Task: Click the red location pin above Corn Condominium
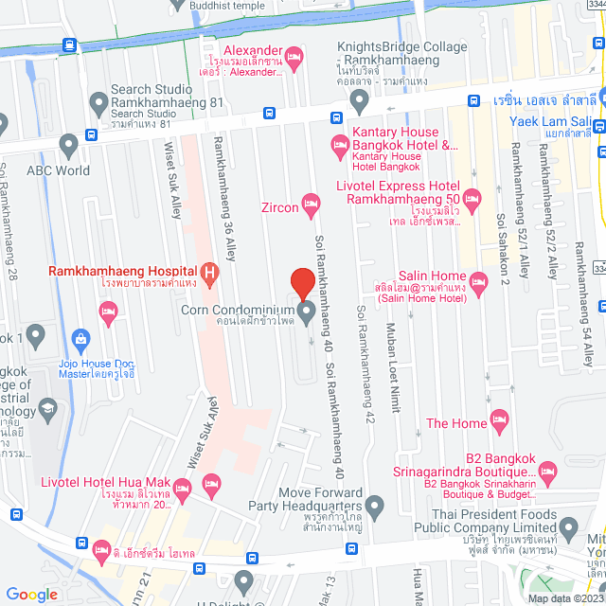[x=301, y=282]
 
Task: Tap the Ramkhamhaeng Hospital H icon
[x=210, y=275]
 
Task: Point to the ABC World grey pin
[x=67, y=146]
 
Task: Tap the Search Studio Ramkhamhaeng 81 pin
[x=98, y=101]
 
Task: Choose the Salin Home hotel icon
[x=478, y=280]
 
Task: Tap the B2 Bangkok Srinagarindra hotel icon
[x=546, y=470]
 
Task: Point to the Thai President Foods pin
[x=568, y=527]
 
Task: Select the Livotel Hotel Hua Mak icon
[x=184, y=488]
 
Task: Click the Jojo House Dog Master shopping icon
[x=80, y=337]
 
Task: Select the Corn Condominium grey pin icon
[x=307, y=312]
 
